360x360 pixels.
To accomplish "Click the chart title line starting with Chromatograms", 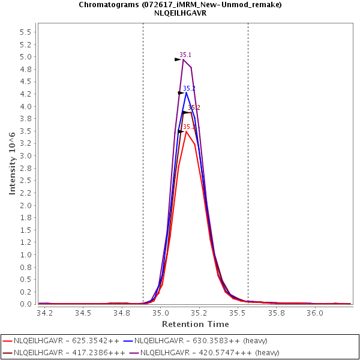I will pos(180,4).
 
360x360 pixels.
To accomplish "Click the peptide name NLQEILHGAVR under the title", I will pos(180,13).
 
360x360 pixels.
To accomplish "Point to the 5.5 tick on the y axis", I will pos(26,32).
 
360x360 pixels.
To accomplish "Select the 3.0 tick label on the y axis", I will pos(26,156).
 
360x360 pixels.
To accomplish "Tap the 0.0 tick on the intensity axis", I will pos(26,304).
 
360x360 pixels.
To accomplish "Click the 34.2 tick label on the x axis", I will pos(44,313).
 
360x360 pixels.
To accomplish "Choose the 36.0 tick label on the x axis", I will pos(315,313).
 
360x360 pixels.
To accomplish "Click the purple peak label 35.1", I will pos(185,55).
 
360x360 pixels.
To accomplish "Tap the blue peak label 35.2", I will pos(189,89).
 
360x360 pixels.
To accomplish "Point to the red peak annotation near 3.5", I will pos(188,127).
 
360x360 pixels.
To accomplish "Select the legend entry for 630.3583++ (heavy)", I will pos(196,341).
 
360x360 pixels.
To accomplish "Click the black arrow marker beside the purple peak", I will pos(178,59).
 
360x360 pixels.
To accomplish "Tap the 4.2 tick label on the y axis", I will pos(26,94).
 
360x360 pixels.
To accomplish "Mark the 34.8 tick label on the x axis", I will pos(122,313).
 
